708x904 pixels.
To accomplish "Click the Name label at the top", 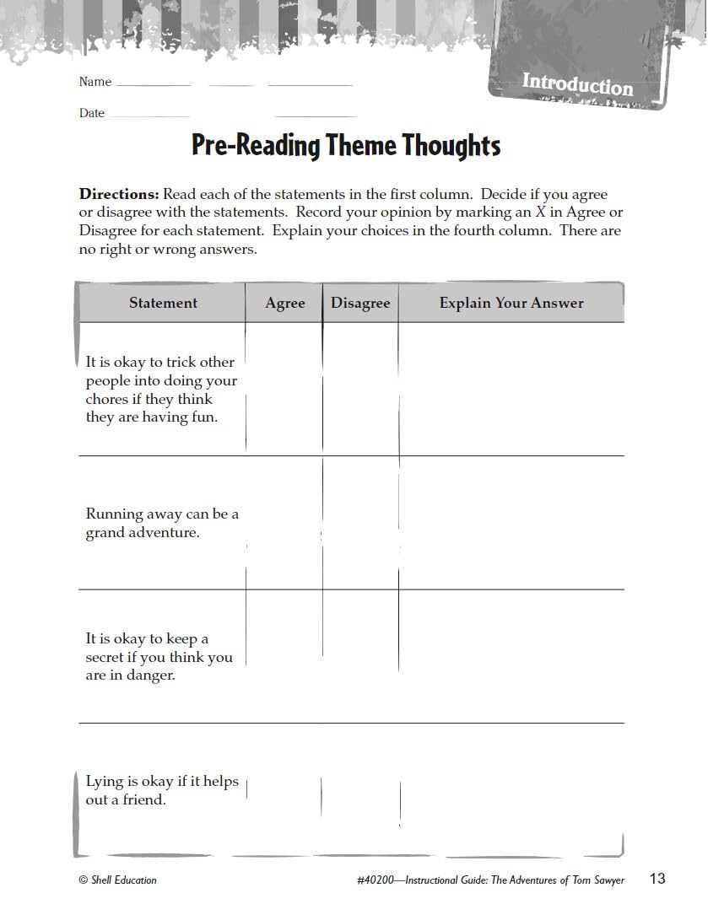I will [x=95, y=82].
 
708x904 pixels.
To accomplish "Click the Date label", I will [x=92, y=113].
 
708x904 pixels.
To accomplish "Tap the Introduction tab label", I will [x=577, y=84].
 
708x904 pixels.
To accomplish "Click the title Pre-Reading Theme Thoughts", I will [x=346, y=145].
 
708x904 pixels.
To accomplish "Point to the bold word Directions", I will [x=118, y=194].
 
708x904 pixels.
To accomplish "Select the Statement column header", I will [x=163, y=303].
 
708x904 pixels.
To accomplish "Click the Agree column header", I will [x=284, y=304].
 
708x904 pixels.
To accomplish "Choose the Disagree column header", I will [x=360, y=304].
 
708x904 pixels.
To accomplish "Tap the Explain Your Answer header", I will [x=511, y=303].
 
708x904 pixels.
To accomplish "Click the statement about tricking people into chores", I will [x=161, y=389].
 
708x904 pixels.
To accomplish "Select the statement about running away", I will [x=162, y=523].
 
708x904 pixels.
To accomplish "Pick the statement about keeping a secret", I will [x=159, y=657].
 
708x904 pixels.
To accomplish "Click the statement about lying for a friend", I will [x=162, y=790].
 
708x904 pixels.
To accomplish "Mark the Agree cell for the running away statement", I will [x=284, y=523].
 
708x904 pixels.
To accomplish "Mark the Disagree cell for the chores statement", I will [x=360, y=389].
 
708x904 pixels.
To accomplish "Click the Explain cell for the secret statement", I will [x=511, y=656].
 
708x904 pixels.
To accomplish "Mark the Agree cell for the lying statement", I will [x=284, y=790].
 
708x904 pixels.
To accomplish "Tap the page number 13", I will [x=657, y=879].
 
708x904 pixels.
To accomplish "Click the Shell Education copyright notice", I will [x=118, y=880].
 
